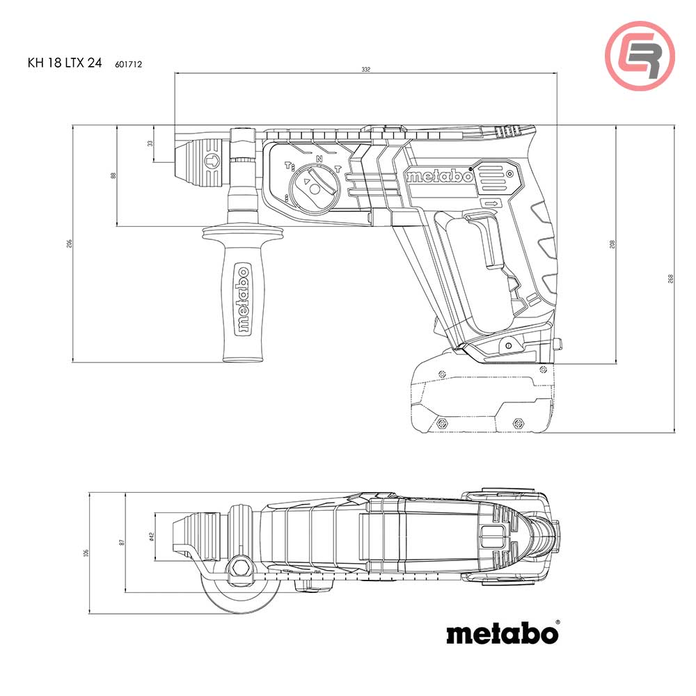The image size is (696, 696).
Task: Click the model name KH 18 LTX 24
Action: point(65,63)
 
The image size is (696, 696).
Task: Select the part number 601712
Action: point(129,63)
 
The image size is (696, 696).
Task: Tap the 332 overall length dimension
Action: point(366,70)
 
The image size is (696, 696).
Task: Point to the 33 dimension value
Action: point(150,143)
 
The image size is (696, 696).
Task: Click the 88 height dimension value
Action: point(113,175)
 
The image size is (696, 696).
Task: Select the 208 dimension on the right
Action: point(612,244)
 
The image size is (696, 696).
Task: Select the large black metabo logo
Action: point(500,633)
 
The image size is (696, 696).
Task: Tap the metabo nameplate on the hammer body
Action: point(439,176)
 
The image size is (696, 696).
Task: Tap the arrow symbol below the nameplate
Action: point(492,203)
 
